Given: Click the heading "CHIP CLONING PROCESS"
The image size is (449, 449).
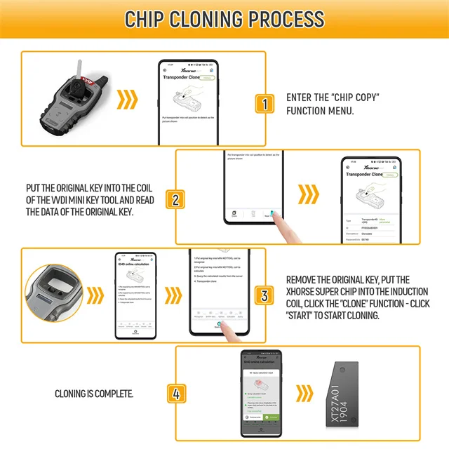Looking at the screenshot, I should point(224,19).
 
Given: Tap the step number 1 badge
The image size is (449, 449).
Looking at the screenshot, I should point(264,105).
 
